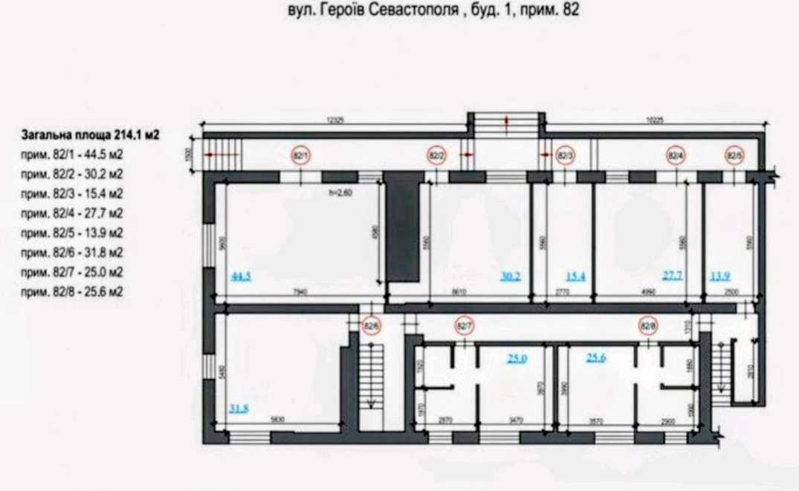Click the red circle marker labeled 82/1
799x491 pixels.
300,156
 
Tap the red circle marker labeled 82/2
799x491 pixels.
436,156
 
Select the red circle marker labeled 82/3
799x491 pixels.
565,156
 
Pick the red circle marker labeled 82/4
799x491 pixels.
675,156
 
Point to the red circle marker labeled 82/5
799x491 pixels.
734,156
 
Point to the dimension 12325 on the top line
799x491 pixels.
338,118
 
